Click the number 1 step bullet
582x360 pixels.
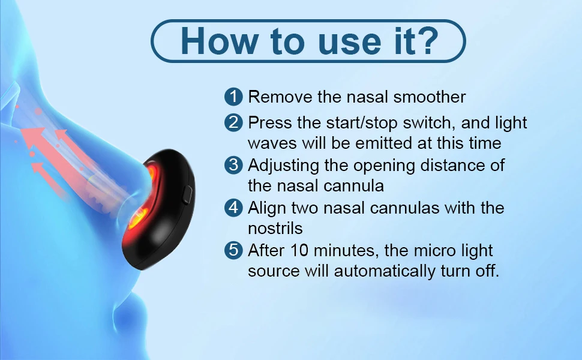pos(233,97)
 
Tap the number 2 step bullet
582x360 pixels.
pos(233,122)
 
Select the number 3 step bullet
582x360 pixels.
pos(233,165)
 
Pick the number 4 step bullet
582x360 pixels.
pos(233,208)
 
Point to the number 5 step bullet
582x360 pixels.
pos(233,250)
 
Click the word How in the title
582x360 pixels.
pos(220,41)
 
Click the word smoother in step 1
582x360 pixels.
pos(430,97)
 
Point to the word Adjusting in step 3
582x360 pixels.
pos(283,166)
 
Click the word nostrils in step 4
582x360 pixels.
pos(275,228)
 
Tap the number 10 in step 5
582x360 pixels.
pos(299,251)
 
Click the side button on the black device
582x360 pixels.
pos(187,194)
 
